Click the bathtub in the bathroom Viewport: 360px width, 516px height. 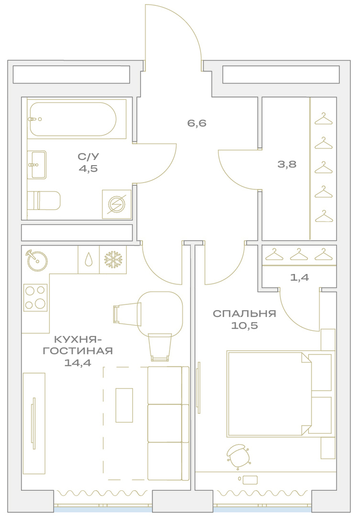[x=73, y=119]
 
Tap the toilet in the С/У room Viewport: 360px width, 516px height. [x=44, y=200]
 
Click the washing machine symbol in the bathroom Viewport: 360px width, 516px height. [x=117, y=204]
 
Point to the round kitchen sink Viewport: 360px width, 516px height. [x=37, y=260]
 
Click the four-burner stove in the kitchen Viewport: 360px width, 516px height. [x=35, y=298]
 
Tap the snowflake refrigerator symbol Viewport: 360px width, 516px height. [x=113, y=260]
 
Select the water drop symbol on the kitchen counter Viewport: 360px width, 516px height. [x=89, y=260]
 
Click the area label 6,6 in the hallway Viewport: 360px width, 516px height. [x=197, y=123]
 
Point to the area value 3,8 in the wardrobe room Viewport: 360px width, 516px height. [x=287, y=164]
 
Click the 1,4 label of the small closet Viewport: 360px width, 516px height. [x=300, y=278]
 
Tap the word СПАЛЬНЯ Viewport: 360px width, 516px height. [x=244, y=313]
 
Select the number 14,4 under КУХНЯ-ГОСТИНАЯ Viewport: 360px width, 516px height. [x=77, y=363]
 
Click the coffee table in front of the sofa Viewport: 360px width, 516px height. [x=124, y=405]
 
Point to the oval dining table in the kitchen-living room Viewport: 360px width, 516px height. [x=160, y=314]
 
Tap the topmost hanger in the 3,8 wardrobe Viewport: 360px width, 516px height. [x=323, y=119]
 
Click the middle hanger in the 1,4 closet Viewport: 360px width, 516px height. [x=299, y=254]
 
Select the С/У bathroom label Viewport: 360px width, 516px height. [x=88, y=157]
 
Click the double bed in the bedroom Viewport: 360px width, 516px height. [x=279, y=394]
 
